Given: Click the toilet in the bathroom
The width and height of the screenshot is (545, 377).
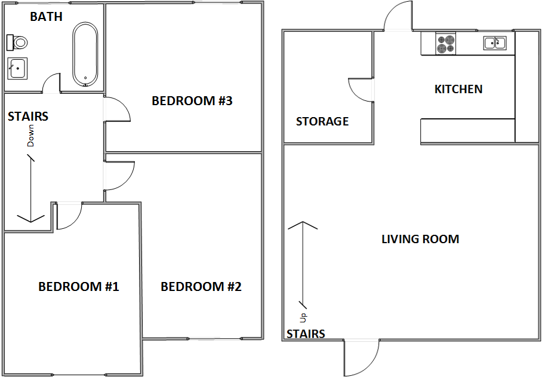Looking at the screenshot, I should tap(18, 42).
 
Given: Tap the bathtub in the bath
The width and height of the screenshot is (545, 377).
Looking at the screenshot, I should tap(85, 54).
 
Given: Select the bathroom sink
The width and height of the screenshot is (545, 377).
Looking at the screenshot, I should tap(17, 68).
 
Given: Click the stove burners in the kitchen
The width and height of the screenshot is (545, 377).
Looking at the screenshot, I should tap(445, 44).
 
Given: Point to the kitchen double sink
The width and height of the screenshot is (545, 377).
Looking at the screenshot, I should tap(495, 42).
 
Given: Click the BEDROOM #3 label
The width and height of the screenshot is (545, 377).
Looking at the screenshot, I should tap(192, 101).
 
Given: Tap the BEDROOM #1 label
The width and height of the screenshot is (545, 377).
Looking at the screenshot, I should tap(79, 287).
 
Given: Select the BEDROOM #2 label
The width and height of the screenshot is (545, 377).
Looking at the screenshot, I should tap(201, 287).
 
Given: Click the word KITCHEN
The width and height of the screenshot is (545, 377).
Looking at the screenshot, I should tap(458, 90).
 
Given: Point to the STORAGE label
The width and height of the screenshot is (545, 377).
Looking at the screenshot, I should tap(322, 122).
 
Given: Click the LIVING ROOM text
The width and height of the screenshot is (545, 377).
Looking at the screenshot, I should tap(420, 240).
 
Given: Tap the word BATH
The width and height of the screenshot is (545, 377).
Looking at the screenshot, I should tap(46, 17).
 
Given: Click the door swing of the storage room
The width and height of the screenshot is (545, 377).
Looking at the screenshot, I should tap(361, 90).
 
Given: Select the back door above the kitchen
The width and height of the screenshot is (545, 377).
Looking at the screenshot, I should tap(396, 17).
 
